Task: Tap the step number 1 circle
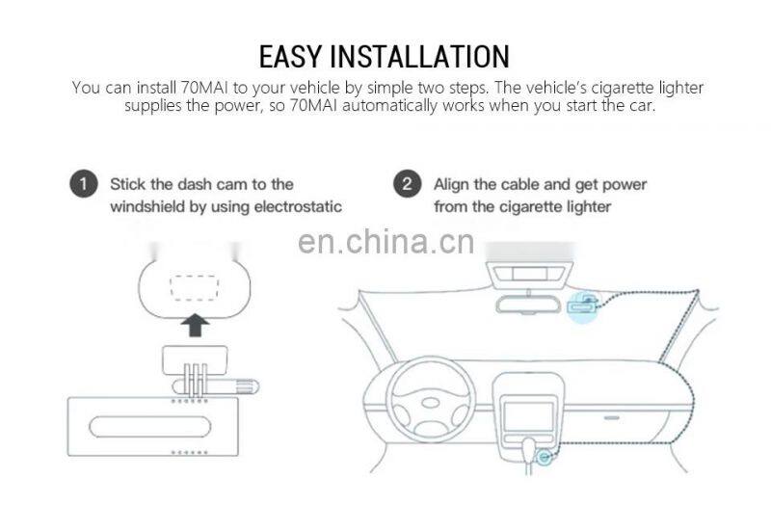click(85, 184)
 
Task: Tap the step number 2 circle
click(410, 184)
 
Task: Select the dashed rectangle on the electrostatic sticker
click(198, 287)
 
